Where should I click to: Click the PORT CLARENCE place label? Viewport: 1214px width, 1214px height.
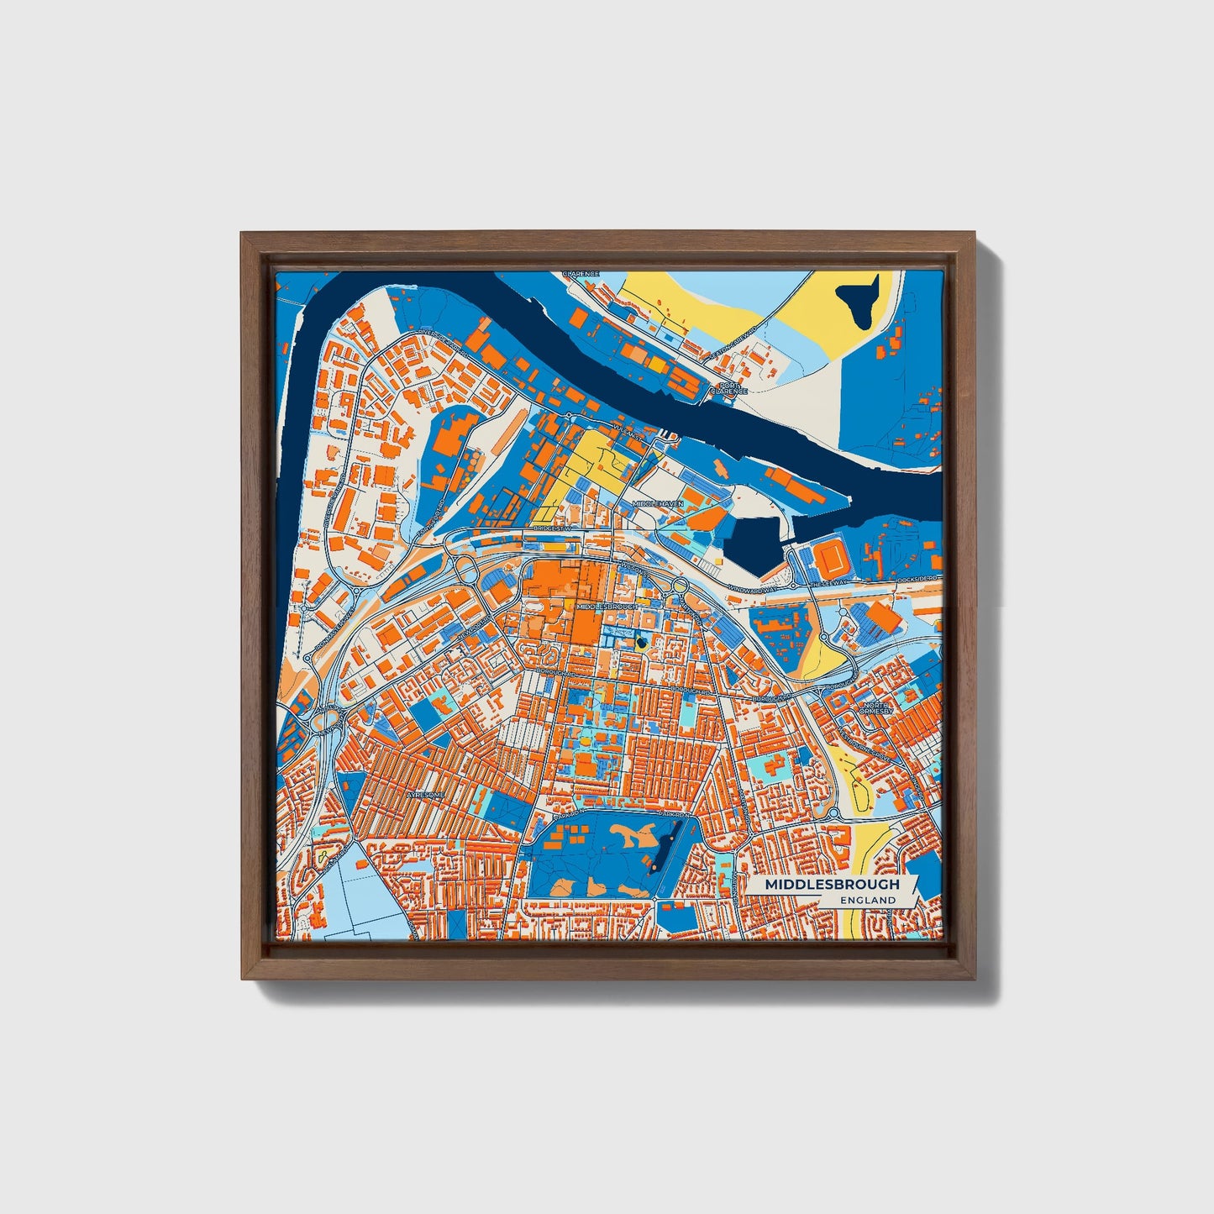728,387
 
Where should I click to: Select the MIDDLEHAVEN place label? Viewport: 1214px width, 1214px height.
658,503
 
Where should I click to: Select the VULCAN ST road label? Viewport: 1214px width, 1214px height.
628,438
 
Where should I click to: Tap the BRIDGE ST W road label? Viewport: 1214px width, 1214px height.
552,528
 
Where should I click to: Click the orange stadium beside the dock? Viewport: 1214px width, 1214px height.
832,556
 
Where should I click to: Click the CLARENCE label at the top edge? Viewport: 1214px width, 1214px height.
581,274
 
